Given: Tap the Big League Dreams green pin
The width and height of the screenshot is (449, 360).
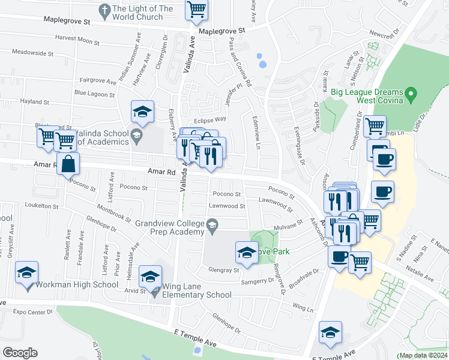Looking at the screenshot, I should pyautogui.click(x=411, y=94).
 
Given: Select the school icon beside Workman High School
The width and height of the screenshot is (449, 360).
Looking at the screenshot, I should pyautogui.click(x=26, y=273).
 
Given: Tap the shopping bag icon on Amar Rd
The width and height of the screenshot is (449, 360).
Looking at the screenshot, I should pyautogui.click(x=68, y=164).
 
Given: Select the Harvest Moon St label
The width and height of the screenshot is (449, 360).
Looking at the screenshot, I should pyautogui.click(x=77, y=41).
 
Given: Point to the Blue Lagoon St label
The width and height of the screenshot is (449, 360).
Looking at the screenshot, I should pyautogui.click(x=94, y=94).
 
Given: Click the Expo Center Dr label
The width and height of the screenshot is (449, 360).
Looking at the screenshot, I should pyautogui.click(x=33, y=313).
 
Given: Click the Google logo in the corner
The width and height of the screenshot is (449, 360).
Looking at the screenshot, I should pyautogui.click(x=20, y=353).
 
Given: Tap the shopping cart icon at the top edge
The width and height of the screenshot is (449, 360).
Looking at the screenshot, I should pyautogui.click(x=196, y=10).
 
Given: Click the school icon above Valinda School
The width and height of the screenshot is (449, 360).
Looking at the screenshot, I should pyautogui.click(x=143, y=112).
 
